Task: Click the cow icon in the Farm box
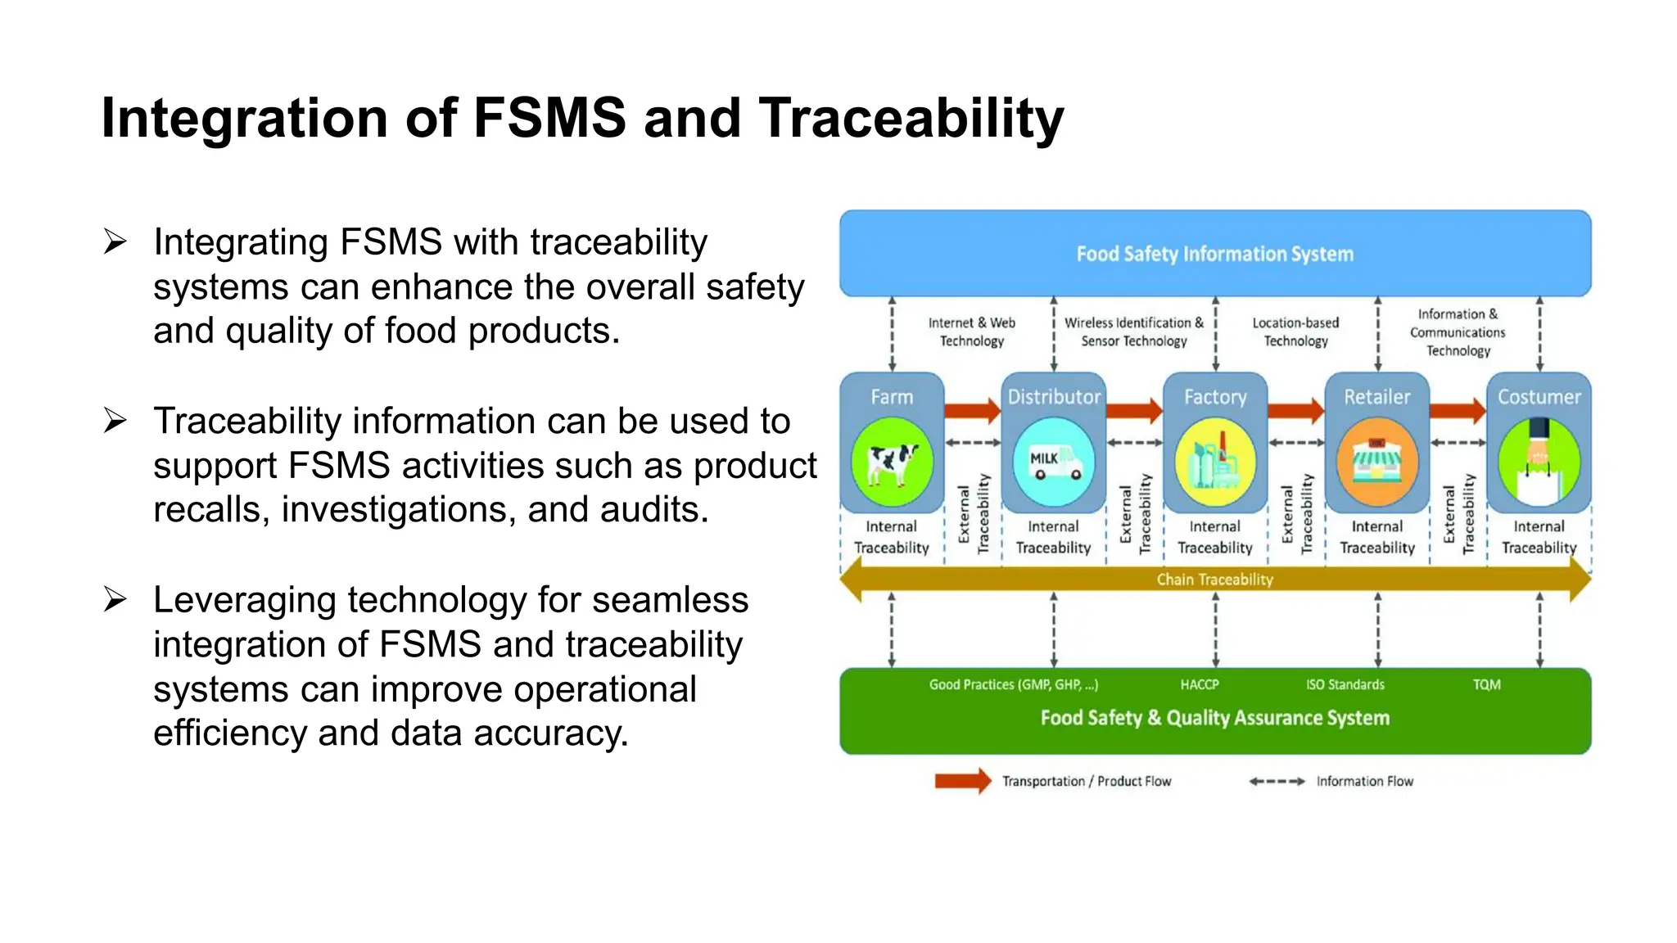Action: pyautogui.click(x=892, y=463)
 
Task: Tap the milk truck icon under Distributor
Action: pyautogui.click(x=1054, y=463)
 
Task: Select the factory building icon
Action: pyautogui.click(x=1215, y=463)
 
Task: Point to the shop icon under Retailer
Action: pyautogui.click(x=1377, y=463)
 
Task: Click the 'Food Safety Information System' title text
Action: pyautogui.click(x=1214, y=254)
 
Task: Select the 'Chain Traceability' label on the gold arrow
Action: pyautogui.click(x=1214, y=580)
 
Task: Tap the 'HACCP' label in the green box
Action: pyautogui.click(x=1200, y=684)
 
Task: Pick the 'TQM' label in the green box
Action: pyautogui.click(x=1486, y=684)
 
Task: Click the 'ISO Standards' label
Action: pyautogui.click(x=1345, y=684)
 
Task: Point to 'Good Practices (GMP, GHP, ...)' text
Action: pyautogui.click(x=1013, y=684)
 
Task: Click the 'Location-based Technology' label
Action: pyautogui.click(x=1295, y=332)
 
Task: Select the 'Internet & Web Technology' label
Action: pyautogui.click(x=972, y=332)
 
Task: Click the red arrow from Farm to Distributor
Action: pyautogui.click(x=973, y=409)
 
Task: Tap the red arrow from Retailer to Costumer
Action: pyautogui.click(x=1458, y=409)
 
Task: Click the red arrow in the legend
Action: pyautogui.click(x=963, y=781)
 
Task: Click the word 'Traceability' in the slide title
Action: pyautogui.click(x=911, y=118)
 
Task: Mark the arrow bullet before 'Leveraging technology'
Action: pyautogui.click(x=115, y=600)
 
